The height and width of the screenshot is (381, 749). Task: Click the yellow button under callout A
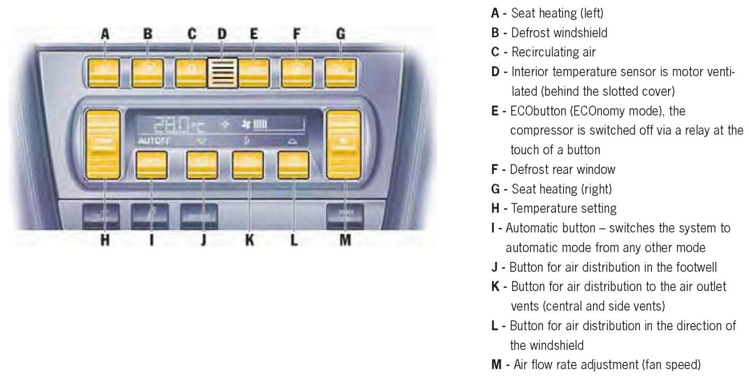click(x=105, y=73)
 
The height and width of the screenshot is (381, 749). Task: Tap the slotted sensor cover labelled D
click(x=222, y=74)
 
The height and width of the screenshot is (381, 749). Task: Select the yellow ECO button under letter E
click(x=253, y=73)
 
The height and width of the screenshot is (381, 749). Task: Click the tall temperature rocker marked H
click(x=104, y=144)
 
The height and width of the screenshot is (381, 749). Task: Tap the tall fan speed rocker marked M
click(x=344, y=144)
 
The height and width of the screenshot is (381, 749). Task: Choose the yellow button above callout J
click(x=202, y=165)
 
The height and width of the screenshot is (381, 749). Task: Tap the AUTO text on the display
click(x=146, y=142)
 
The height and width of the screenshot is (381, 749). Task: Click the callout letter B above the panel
click(x=148, y=34)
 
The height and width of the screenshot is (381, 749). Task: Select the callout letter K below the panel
click(x=249, y=240)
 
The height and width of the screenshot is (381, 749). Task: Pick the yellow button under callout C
click(x=191, y=73)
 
